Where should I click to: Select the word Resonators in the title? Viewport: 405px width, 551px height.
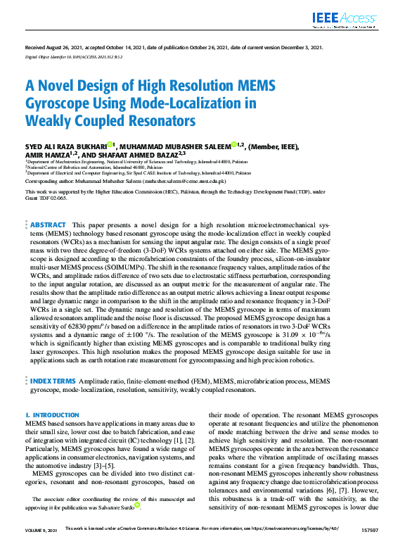click(160, 120)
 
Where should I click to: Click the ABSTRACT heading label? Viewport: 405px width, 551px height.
click(48, 224)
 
